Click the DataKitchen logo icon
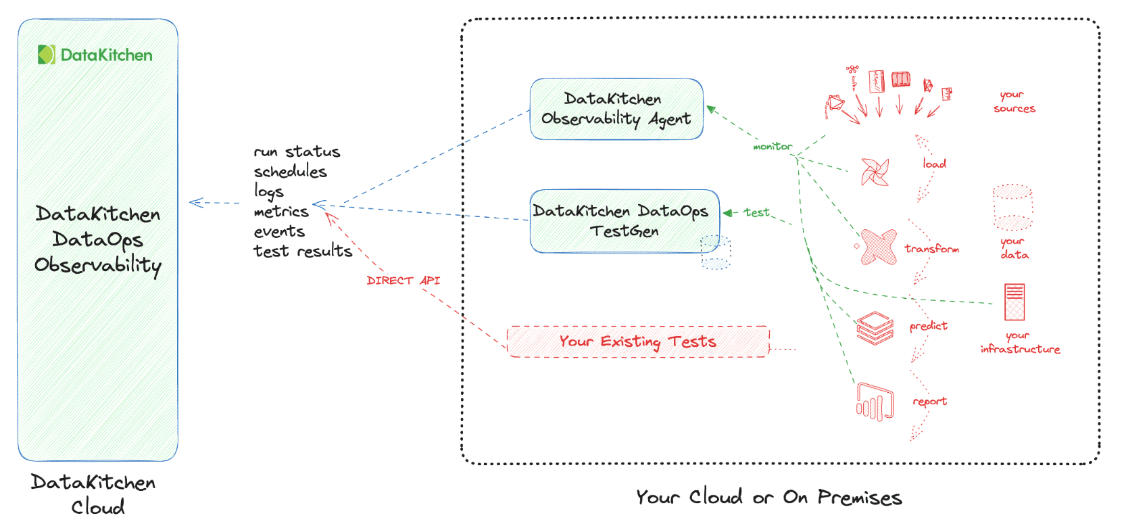pos(46,55)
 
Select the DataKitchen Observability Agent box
pos(616,109)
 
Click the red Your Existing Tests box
pos(637,341)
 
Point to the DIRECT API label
pos(403,280)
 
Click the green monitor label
pos(772,146)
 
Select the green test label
pos(756,212)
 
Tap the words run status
pos(297,151)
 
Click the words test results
pos(303,251)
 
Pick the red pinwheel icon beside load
pos(875,172)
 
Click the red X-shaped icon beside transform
pos(878,247)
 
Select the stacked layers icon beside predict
pos(875,328)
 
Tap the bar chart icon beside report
pos(875,402)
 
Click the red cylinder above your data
pos(1012,207)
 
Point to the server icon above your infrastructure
pos(1014,302)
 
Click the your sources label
pos(1013,101)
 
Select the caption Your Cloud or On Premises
pos(768,498)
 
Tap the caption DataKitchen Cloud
pos(94,494)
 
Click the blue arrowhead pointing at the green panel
pos(196,202)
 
